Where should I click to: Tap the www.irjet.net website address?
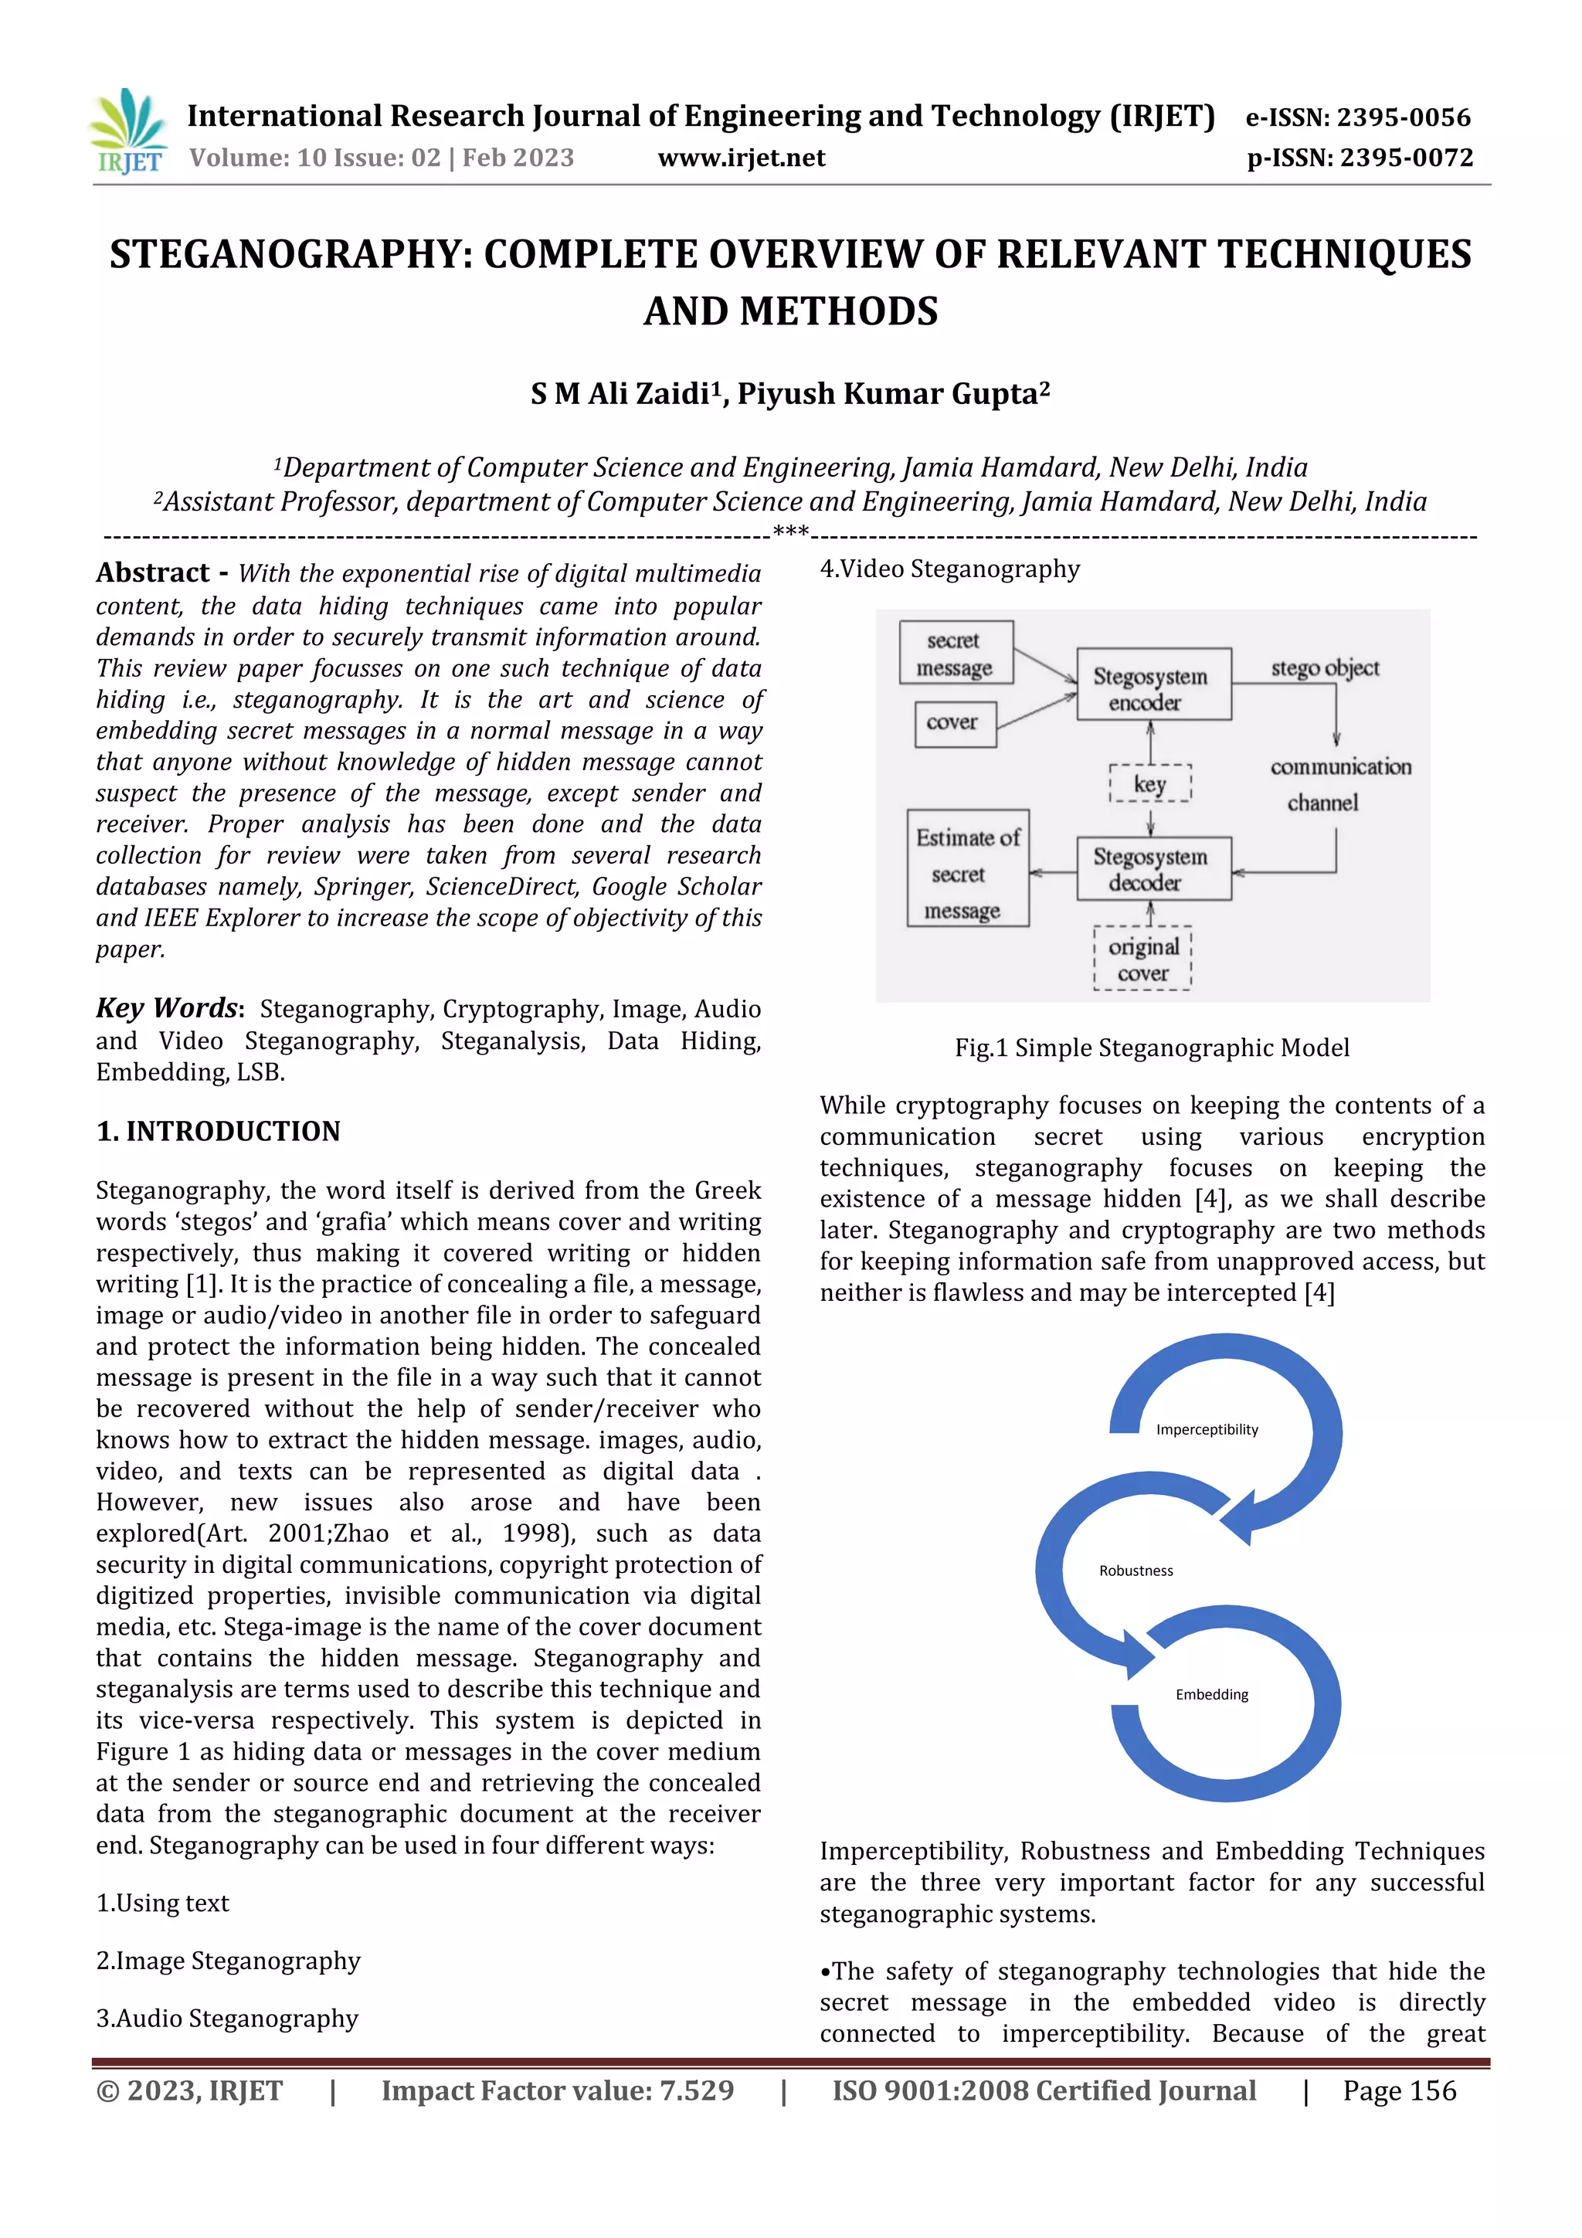(x=741, y=158)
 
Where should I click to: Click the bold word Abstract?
(x=153, y=573)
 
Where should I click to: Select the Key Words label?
(x=168, y=1008)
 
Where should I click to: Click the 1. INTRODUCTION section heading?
(x=219, y=1131)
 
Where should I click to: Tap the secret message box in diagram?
(x=956, y=653)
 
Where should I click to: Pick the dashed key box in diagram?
(x=1150, y=783)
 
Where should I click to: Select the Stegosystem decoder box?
(x=1153, y=868)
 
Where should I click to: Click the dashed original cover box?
(x=1142, y=959)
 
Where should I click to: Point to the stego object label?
(x=1325, y=669)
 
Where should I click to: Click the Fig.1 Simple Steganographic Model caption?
(x=1153, y=1048)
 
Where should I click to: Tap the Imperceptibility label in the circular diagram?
(x=1207, y=1430)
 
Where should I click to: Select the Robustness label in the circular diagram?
(x=1136, y=1571)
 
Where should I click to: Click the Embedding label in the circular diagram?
(x=1211, y=1695)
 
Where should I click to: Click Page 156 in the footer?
(x=1399, y=2090)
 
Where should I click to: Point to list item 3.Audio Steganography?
(x=227, y=2018)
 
